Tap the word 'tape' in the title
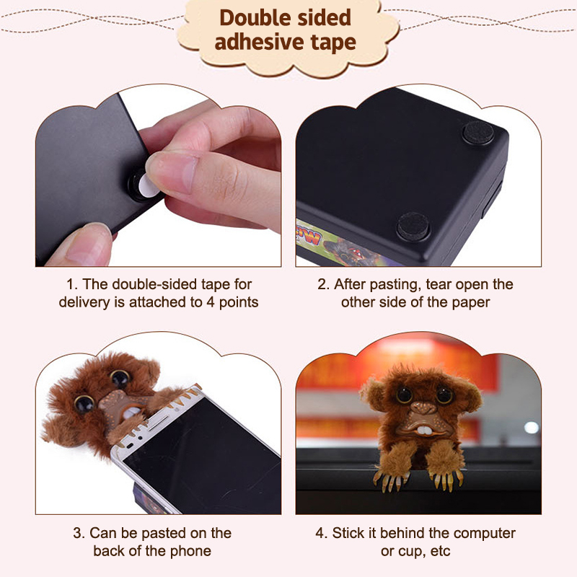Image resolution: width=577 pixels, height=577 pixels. point(333,42)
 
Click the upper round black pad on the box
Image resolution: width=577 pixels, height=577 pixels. point(478,133)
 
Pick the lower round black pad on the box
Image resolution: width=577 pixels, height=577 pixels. point(413,226)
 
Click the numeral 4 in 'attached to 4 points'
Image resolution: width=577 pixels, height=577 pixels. point(210,302)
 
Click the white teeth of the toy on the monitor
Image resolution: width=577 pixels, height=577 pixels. point(424,430)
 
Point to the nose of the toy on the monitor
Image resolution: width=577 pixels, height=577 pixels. point(423,408)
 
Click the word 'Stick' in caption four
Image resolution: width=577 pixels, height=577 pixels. point(348,533)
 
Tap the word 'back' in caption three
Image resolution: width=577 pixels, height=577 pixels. point(109,551)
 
